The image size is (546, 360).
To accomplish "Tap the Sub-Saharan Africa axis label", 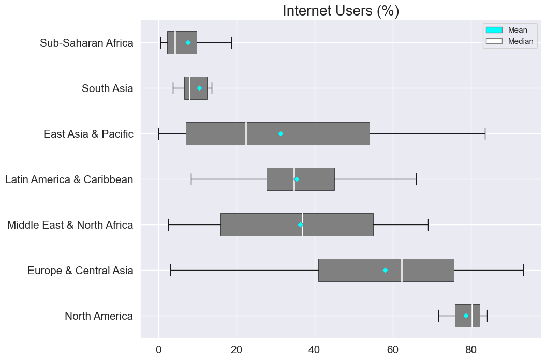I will (86, 43).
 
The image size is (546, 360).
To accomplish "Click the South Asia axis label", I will (107, 88).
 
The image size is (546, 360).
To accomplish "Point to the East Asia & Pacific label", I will (88, 134).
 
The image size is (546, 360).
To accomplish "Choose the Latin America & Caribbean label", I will (69, 179).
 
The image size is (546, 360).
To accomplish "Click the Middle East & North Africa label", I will (70, 225).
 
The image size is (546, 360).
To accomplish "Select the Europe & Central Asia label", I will (80, 271).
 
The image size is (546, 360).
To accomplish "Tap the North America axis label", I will (99, 316).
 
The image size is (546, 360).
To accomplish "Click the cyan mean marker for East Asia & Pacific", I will (281, 133).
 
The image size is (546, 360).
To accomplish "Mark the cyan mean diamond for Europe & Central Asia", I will (385, 270).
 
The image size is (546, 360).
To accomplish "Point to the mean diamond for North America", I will (466, 316).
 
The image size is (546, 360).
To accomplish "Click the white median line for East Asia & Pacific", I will (246, 133).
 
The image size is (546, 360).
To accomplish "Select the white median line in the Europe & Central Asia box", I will (402, 270).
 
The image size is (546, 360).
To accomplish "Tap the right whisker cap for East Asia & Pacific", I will (485, 133).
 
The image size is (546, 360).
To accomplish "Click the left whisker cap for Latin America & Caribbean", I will (191, 179).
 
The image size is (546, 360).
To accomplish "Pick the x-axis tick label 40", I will (315, 349).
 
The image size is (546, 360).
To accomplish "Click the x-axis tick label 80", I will (471, 349).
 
